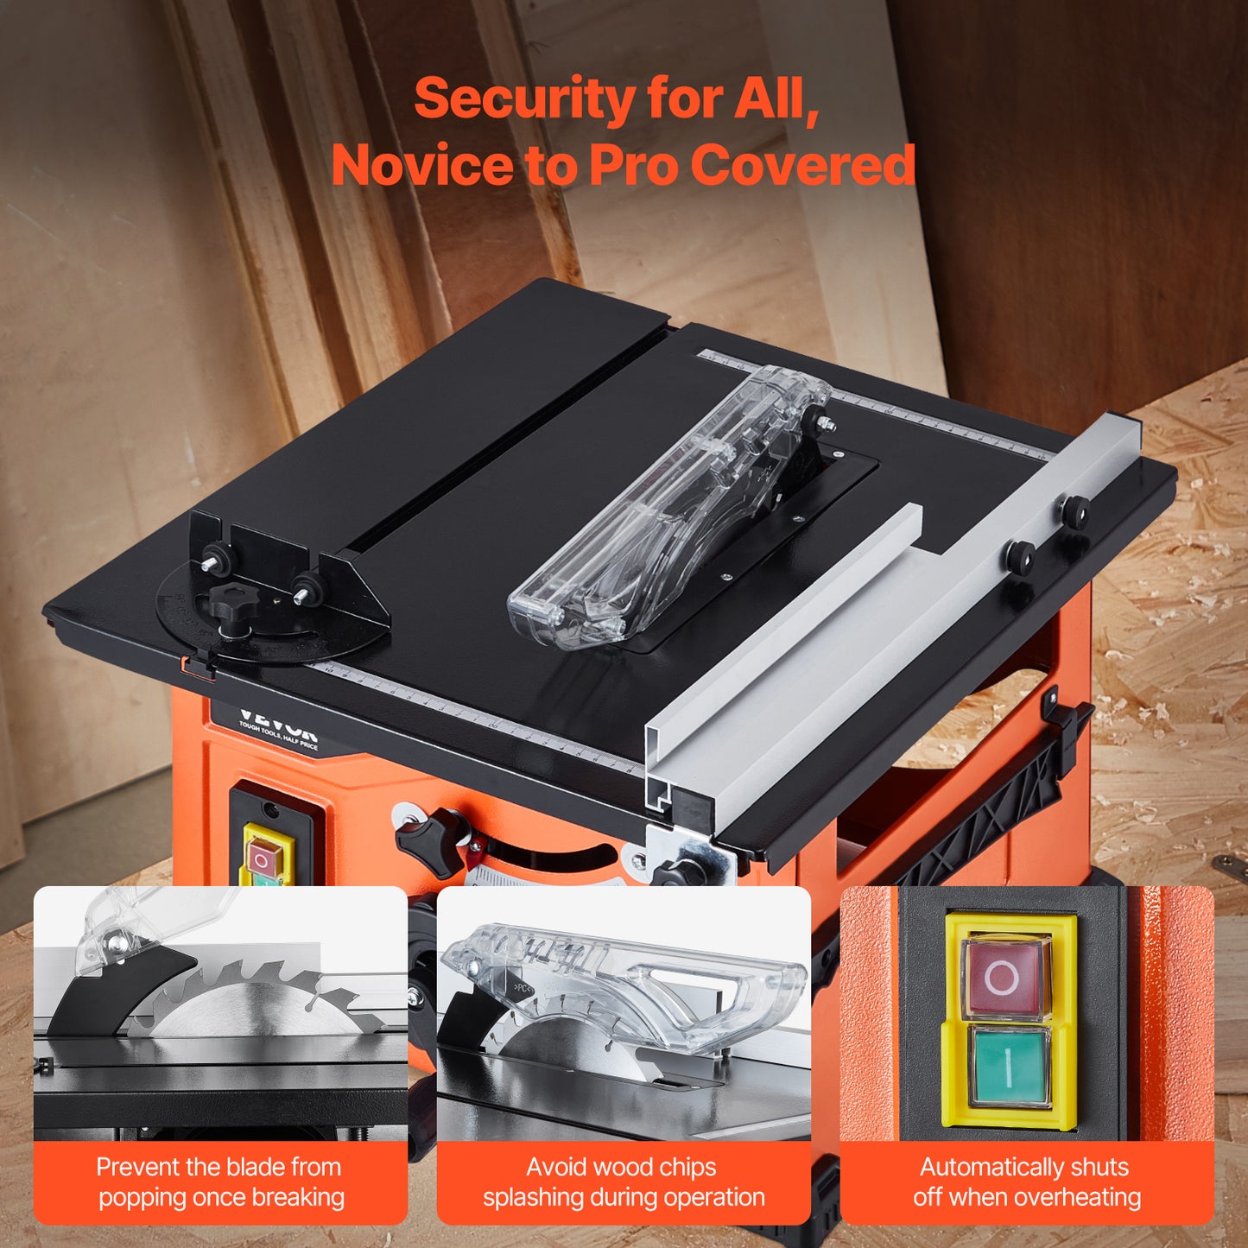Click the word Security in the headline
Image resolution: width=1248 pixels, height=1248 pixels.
coord(524,99)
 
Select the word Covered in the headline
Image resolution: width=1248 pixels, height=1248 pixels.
coord(803,164)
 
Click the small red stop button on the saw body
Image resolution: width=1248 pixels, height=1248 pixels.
coord(263,858)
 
